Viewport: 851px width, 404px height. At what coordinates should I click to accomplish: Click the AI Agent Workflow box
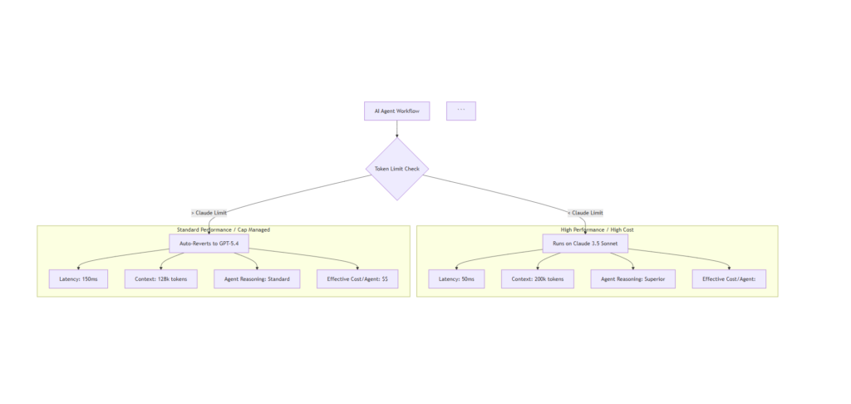[396, 111]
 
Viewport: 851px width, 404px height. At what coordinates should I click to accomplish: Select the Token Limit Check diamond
[396, 169]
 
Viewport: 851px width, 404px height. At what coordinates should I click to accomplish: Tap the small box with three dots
[460, 111]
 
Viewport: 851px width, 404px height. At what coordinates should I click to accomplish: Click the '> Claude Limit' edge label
[209, 213]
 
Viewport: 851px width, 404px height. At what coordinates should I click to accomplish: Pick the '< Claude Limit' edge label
[585, 213]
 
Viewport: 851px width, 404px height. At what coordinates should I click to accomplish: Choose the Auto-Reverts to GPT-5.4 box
[209, 244]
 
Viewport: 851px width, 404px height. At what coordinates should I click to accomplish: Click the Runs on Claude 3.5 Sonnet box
[585, 244]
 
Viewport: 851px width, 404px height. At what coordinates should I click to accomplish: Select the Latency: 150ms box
[78, 279]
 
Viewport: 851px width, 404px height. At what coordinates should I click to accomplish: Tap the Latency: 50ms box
[456, 279]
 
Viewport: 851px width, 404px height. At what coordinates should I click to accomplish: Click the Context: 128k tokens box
[160, 279]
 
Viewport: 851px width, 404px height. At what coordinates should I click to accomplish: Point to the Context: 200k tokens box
[538, 279]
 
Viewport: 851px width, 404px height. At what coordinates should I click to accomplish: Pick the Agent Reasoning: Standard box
[257, 279]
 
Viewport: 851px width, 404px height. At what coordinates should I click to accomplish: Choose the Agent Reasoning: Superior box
[632, 279]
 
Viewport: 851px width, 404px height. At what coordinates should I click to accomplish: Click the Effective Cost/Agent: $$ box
[357, 279]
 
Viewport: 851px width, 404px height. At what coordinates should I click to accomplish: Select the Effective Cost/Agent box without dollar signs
[729, 279]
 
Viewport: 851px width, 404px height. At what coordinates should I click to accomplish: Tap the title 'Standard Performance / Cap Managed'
[223, 229]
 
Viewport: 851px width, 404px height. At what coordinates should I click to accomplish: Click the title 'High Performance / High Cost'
[597, 229]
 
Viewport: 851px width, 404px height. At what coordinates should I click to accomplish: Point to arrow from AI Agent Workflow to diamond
[396, 129]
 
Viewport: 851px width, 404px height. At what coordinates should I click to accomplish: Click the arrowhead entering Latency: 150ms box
[78, 268]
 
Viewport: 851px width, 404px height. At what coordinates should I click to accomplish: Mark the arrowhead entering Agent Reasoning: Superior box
[632, 268]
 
